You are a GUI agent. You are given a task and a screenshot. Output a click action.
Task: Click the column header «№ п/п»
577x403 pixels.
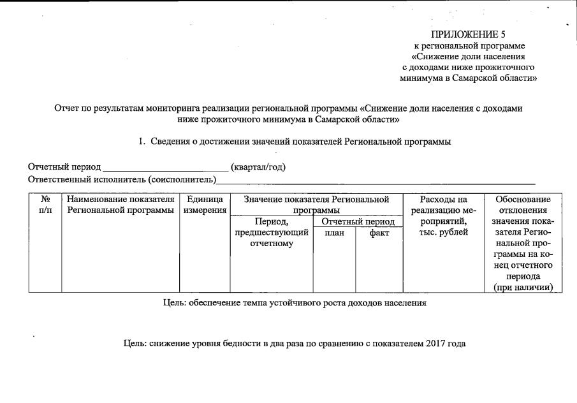click(45, 205)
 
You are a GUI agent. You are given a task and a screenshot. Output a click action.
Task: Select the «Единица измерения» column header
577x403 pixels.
click(205, 205)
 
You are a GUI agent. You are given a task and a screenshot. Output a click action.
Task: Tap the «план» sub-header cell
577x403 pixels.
click(334, 233)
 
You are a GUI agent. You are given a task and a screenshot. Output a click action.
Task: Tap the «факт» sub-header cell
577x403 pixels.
click(379, 233)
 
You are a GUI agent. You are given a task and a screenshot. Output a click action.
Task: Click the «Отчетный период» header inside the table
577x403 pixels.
click(358, 222)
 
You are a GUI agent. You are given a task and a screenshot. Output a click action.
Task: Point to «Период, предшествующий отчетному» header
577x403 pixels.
click(271, 233)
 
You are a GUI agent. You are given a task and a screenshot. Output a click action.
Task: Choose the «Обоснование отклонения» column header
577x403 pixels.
click(523, 205)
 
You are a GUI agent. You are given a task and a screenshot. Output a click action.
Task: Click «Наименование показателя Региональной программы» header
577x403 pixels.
click(121, 205)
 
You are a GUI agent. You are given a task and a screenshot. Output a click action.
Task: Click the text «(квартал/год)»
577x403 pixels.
click(258, 167)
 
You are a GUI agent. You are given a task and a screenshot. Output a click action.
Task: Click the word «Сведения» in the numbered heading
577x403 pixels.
click(170, 142)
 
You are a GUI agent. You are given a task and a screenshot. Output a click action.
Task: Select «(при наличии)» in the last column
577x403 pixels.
click(523, 288)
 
